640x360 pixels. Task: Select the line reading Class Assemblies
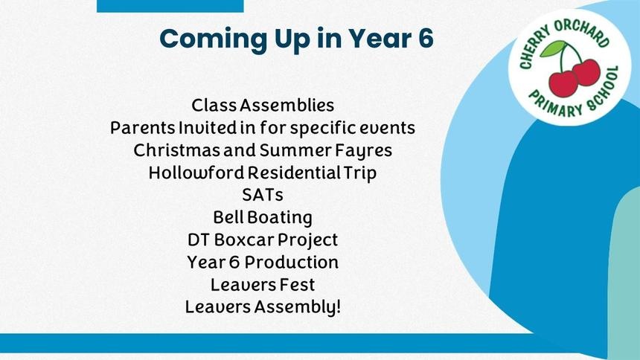tap(263, 106)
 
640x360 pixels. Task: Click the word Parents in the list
tap(142, 128)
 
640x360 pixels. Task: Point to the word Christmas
tap(176, 150)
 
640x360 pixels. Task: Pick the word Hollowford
tap(196, 173)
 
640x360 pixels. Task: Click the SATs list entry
tap(263, 195)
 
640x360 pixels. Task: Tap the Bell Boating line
tap(263, 218)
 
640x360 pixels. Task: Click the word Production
tap(292, 262)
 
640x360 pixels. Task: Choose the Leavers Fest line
tap(263, 284)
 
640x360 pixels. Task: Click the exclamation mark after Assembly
tap(338, 306)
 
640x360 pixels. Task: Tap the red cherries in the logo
tap(575, 77)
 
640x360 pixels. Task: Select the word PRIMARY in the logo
tap(555, 103)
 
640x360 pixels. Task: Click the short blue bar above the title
tap(170, 6)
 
